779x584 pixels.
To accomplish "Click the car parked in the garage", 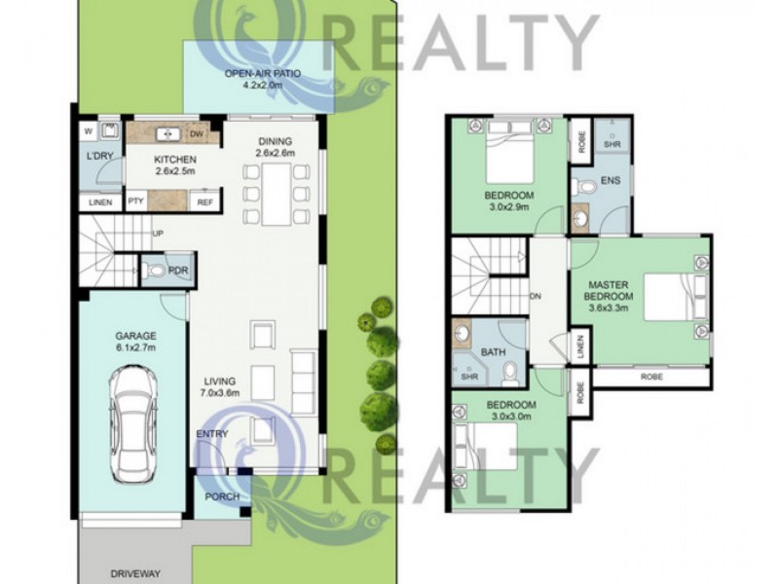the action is point(133,425).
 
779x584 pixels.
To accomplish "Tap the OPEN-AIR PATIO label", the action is point(263,74).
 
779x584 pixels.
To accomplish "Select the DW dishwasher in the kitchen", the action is point(196,133).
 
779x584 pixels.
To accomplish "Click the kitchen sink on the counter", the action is point(167,133).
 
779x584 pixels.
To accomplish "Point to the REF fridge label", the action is point(205,202).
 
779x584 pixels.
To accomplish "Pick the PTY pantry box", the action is point(136,201).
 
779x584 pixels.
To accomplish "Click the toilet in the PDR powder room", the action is point(155,271).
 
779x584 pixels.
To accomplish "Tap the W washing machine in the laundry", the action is point(89,131).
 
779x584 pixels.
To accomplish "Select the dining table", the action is point(277,194).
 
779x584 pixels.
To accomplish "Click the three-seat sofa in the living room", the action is point(303,383).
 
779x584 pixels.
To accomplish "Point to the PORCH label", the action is point(222,496).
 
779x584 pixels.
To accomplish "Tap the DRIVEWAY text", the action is point(135,573).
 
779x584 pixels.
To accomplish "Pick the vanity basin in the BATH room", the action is point(463,333).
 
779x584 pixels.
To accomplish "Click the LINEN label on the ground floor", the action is point(100,202).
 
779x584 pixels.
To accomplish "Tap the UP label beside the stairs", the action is point(158,233).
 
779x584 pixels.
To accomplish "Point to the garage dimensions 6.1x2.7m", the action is point(135,347).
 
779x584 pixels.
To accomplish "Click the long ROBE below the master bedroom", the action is point(651,377).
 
